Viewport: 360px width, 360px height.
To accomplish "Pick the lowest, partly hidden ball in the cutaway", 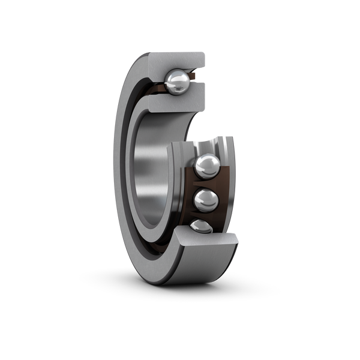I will (200, 227).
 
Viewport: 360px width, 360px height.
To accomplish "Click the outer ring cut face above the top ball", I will (177, 61).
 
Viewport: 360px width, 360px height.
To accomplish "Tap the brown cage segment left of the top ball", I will (157, 85).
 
